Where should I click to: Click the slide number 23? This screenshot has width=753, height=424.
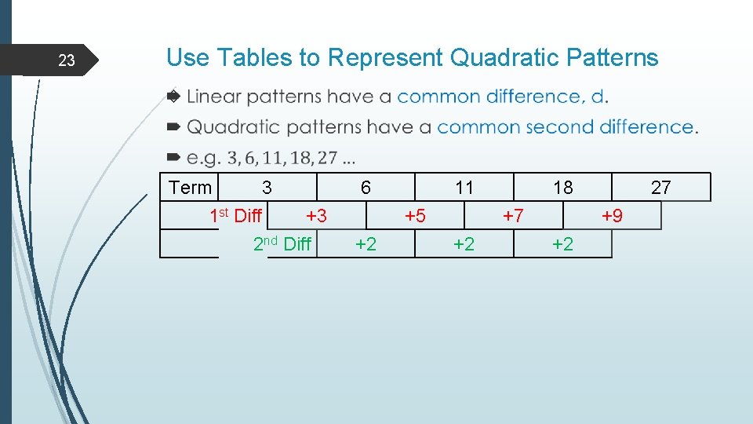(67, 60)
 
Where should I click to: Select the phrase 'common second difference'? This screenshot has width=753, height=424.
(566, 126)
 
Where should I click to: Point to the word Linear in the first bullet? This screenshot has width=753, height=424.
(215, 97)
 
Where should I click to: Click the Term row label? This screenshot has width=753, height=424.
(191, 188)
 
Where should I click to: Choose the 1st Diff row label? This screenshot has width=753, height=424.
(236, 216)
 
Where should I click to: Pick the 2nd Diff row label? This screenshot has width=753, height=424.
(282, 244)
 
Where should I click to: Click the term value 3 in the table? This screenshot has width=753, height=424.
(267, 188)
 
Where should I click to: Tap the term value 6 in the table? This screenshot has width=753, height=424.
(366, 188)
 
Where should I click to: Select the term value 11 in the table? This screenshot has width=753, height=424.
(464, 188)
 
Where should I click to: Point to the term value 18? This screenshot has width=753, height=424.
(562, 188)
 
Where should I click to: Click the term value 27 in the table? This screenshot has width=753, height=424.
(661, 188)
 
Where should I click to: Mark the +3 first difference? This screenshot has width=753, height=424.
(316, 216)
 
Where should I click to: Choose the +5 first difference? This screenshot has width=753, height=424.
(415, 216)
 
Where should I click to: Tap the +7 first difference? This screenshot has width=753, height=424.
(513, 216)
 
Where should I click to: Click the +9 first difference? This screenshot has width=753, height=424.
(612, 216)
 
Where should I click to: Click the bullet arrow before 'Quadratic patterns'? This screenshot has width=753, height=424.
(174, 127)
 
